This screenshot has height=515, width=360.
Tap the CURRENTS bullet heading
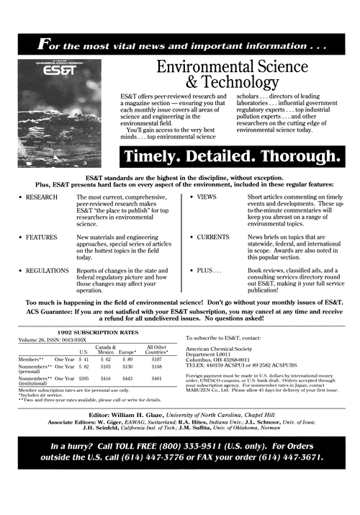coord(213,237)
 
